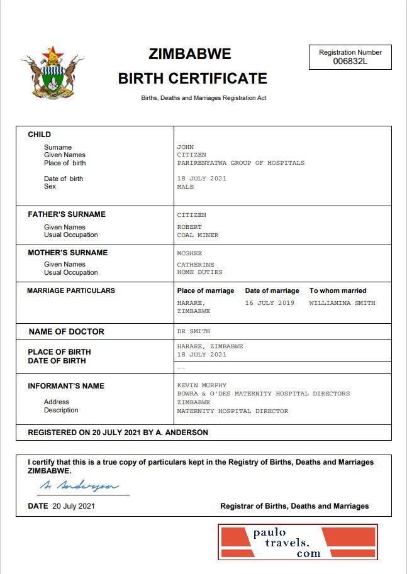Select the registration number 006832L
350,61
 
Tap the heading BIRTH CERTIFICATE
192,79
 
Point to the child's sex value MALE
186,187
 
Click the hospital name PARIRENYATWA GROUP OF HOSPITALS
240,163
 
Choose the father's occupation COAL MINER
198,235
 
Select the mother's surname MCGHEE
189,253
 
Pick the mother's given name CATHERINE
196,265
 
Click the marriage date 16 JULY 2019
269,303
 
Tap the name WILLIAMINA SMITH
342,303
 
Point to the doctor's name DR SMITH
194,331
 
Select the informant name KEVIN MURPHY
201,385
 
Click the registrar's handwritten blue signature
79,486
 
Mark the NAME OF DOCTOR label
67,331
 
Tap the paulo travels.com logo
298,543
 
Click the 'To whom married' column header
337,290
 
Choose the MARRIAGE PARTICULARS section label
71,290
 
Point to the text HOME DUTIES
199,272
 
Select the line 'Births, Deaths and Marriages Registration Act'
203,98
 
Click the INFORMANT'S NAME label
66,385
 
